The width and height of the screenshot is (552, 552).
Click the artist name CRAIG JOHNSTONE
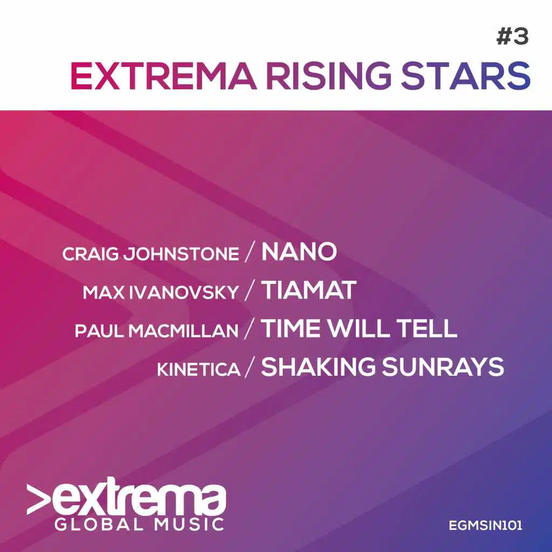pyautogui.click(x=150, y=254)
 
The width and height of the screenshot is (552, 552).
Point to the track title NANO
pyautogui.click(x=299, y=252)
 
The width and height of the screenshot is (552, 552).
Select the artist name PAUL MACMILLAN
pyautogui.click(x=156, y=330)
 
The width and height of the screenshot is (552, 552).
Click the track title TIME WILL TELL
pyautogui.click(x=359, y=329)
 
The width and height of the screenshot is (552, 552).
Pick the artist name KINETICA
pyautogui.click(x=198, y=369)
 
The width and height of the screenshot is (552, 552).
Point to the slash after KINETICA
pyautogui.click(x=250, y=369)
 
